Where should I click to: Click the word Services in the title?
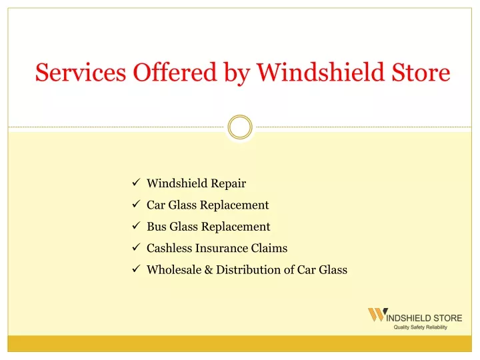(81, 72)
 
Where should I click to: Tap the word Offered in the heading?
(175, 72)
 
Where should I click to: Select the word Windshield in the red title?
(320, 72)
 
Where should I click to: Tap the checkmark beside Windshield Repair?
(136, 183)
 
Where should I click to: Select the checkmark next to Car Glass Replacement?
(136, 204)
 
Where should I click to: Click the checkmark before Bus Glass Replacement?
(136, 225)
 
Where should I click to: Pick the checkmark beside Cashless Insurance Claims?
(136, 247)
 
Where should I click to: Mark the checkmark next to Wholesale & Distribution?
(136, 269)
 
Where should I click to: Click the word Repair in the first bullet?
(229, 184)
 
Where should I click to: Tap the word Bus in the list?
(157, 227)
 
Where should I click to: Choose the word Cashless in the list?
(169, 248)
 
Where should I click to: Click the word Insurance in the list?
(221, 248)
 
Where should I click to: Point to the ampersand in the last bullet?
(209, 270)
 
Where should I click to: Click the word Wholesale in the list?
(174, 270)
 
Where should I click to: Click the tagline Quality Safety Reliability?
(420, 327)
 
